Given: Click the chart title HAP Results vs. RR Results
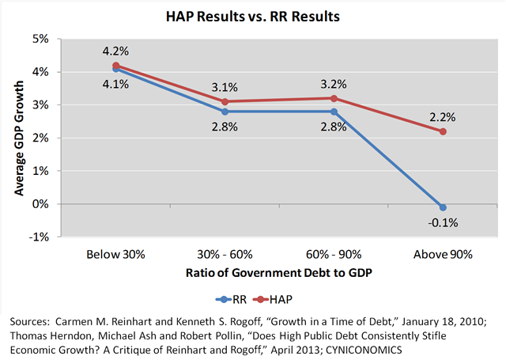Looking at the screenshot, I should pyautogui.click(x=252, y=16).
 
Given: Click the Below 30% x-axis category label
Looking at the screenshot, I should pyautogui.click(x=116, y=255).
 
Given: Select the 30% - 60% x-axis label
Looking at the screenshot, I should pyautogui.click(x=225, y=255).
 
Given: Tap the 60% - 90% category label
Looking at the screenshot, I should pyautogui.click(x=334, y=255).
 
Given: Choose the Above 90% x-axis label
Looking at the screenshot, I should pyautogui.click(x=443, y=255).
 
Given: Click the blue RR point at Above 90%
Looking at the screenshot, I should pyautogui.click(x=443, y=207).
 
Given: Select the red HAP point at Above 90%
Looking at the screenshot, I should pyautogui.click(x=443, y=131).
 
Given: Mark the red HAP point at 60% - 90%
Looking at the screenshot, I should pyautogui.click(x=334, y=98).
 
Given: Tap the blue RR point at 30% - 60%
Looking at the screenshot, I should pyautogui.click(x=225, y=112).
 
